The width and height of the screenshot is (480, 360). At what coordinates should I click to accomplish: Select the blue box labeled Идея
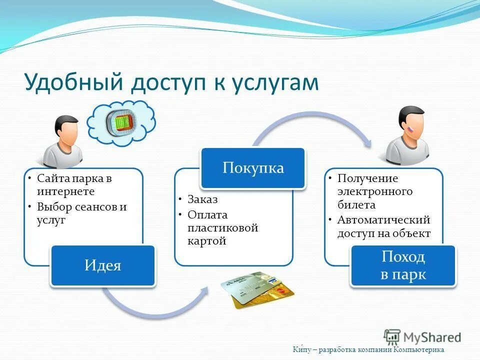pyautogui.click(x=103, y=265)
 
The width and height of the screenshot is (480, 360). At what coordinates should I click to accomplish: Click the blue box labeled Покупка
pyautogui.click(x=253, y=168)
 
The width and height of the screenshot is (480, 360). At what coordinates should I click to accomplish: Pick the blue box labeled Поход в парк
pyautogui.click(x=403, y=266)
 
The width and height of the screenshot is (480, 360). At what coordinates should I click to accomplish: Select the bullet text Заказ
pyautogui.click(x=203, y=199)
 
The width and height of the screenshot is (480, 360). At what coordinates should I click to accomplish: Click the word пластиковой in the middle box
pyautogui.click(x=223, y=228)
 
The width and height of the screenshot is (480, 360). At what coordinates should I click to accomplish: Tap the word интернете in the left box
pyautogui.click(x=65, y=191)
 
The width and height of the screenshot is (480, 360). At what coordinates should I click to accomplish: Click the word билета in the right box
pyautogui.click(x=356, y=205)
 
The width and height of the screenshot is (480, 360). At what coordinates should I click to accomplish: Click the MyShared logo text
pyautogui.click(x=432, y=336)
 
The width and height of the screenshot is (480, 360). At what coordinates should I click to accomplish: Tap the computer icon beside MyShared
pyautogui.click(x=392, y=336)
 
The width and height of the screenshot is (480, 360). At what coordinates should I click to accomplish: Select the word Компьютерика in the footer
pyautogui.click(x=419, y=350)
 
